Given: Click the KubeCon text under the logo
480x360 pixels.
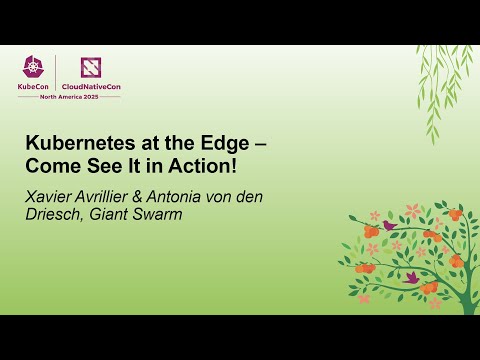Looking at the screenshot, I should [35, 87].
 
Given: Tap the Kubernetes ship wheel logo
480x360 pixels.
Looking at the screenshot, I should [35, 67].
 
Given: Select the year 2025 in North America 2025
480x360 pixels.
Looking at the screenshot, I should [110, 97].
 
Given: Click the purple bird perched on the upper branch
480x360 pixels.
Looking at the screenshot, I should [388, 226].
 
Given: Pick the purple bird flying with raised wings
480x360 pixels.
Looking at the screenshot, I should [410, 277].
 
